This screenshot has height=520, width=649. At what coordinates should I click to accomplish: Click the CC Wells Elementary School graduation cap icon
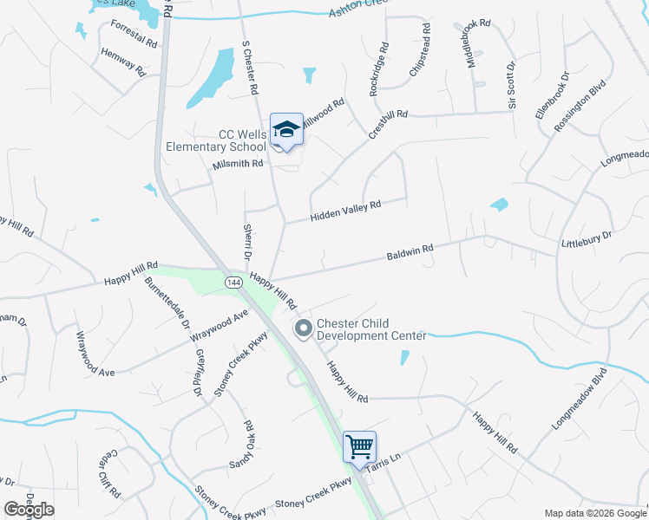tap(286, 130)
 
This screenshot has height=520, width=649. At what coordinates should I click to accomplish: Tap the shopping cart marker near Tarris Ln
tap(359, 447)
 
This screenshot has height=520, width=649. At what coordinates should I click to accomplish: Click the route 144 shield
tap(233, 283)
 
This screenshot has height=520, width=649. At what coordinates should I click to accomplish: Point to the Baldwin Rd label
tap(410, 251)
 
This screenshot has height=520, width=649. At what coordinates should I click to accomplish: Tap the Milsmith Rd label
tap(237, 164)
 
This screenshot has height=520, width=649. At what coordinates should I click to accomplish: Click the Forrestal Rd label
tap(134, 34)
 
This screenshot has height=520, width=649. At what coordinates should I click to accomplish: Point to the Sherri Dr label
tap(246, 240)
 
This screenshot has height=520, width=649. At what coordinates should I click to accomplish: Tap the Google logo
tap(29, 510)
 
